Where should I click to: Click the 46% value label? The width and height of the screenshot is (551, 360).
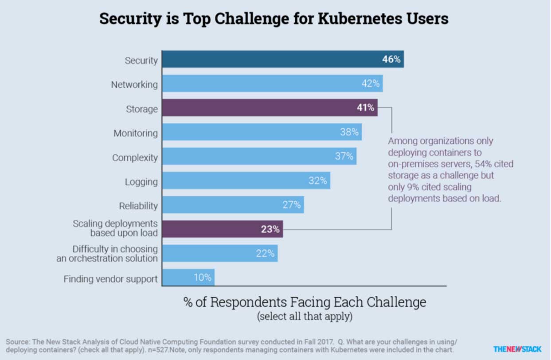pyautogui.click(x=391, y=59)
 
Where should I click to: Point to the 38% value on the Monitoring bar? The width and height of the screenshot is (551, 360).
pyautogui.click(x=349, y=132)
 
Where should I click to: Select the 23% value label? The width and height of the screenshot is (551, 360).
pyautogui.click(x=270, y=230)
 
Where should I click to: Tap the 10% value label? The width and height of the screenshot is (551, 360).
pyautogui.click(x=202, y=278)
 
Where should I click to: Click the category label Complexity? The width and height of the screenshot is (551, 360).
pyautogui.click(x=135, y=157)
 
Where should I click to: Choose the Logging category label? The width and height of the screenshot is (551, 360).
pyautogui.click(x=141, y=182)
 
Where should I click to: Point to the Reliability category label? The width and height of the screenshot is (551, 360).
pyautogui.click(x=138, y=206)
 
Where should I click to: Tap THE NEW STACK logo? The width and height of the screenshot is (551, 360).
pyautogui.click(x=517, y=349)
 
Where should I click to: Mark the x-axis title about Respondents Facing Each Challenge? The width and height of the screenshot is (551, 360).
pyautogui.click(x=305, y=302)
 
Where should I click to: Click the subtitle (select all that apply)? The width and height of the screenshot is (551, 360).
pyautogui.click(x=305, y=317)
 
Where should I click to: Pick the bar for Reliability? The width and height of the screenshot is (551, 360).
pyautogui.click(x=233, y=205)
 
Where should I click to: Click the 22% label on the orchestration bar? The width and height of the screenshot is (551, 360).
pyautogui.click(x=265, y=254)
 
